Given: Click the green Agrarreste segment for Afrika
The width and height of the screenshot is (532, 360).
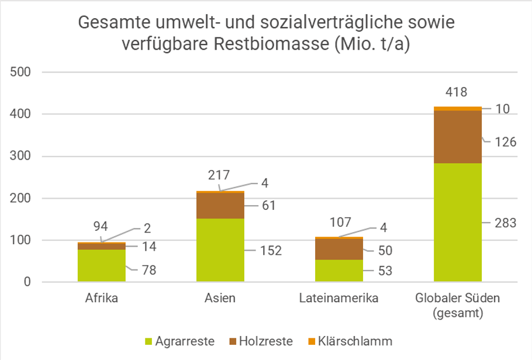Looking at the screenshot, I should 101,266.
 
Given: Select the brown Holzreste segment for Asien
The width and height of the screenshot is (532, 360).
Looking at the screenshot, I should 220,205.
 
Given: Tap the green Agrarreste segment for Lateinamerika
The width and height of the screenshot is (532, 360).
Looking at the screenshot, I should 338,271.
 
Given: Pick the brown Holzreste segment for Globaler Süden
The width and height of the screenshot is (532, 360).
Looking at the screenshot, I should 458,137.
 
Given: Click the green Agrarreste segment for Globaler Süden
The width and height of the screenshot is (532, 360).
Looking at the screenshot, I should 458,223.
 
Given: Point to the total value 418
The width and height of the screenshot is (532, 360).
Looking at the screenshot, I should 457,92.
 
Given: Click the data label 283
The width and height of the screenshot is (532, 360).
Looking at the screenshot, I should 505,223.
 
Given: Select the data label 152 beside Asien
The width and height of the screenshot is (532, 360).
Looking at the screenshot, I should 271,251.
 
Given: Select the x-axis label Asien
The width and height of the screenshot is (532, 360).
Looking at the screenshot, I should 220,299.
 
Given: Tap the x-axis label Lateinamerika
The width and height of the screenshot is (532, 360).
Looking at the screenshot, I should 338,299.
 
